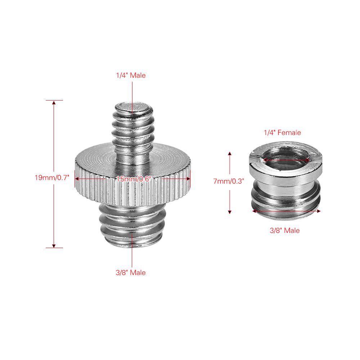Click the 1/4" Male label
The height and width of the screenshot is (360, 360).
(131, 76)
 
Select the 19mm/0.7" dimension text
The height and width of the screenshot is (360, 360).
(51, 178)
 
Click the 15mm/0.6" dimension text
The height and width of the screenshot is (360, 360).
(133, 178)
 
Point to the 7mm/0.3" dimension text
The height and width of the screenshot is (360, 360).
(229, 181)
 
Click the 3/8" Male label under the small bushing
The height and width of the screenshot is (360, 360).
(284, 230)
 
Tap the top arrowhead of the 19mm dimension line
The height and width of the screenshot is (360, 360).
(54, 103)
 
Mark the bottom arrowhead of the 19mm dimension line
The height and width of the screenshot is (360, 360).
(54, 246)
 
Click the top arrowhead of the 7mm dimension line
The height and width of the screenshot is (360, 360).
(230, 154)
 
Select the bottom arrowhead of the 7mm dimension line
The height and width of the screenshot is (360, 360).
(230, 212)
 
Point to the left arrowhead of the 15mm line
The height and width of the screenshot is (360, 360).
(77, 178)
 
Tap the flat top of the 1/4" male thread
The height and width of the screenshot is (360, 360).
(132, 106)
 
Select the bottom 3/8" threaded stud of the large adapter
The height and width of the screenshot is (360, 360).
(132, 225)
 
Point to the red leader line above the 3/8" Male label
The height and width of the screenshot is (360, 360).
(132, 252)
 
